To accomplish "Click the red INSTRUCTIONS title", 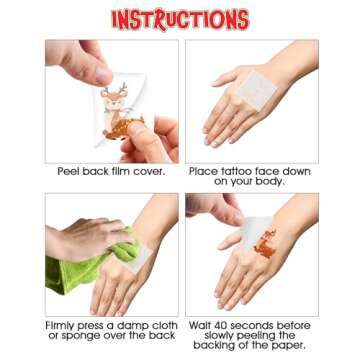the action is pos(180,19).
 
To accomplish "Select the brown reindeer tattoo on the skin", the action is pos(266,244).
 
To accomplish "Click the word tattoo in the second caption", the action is pos(233,171).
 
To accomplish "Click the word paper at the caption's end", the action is pos(289,346).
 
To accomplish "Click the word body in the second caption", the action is pos(269,182).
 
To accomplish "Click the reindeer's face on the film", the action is pos(114,99).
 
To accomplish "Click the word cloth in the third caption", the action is pos(163,325).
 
